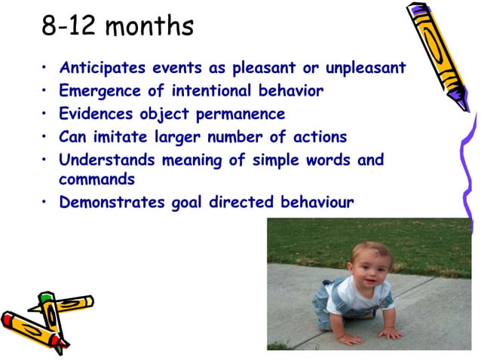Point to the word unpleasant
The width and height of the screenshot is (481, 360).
point(365,68)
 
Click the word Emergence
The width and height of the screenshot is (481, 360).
point(95,91)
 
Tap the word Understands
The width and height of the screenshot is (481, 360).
point(103,160)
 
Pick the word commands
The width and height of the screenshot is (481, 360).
point(97,181)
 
